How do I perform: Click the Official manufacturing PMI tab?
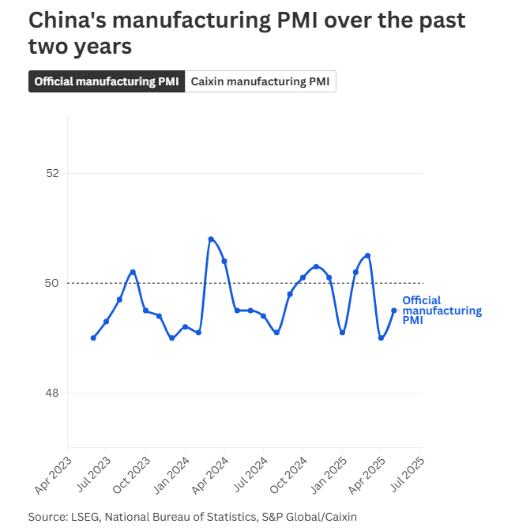coord(107,81)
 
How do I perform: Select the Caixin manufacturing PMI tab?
coord(261,81)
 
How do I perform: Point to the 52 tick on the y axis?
coord(54,173)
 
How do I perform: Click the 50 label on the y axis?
coord(54,283)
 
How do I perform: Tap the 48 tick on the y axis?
coord(54,393)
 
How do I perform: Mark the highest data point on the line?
coord(211,239)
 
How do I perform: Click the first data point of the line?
coord(93,337)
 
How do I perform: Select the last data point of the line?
coord(394,311)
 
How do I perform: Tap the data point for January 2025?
coord(342,333)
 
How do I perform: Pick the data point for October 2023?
coord(145,311)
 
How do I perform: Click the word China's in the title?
coord(63,21)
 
